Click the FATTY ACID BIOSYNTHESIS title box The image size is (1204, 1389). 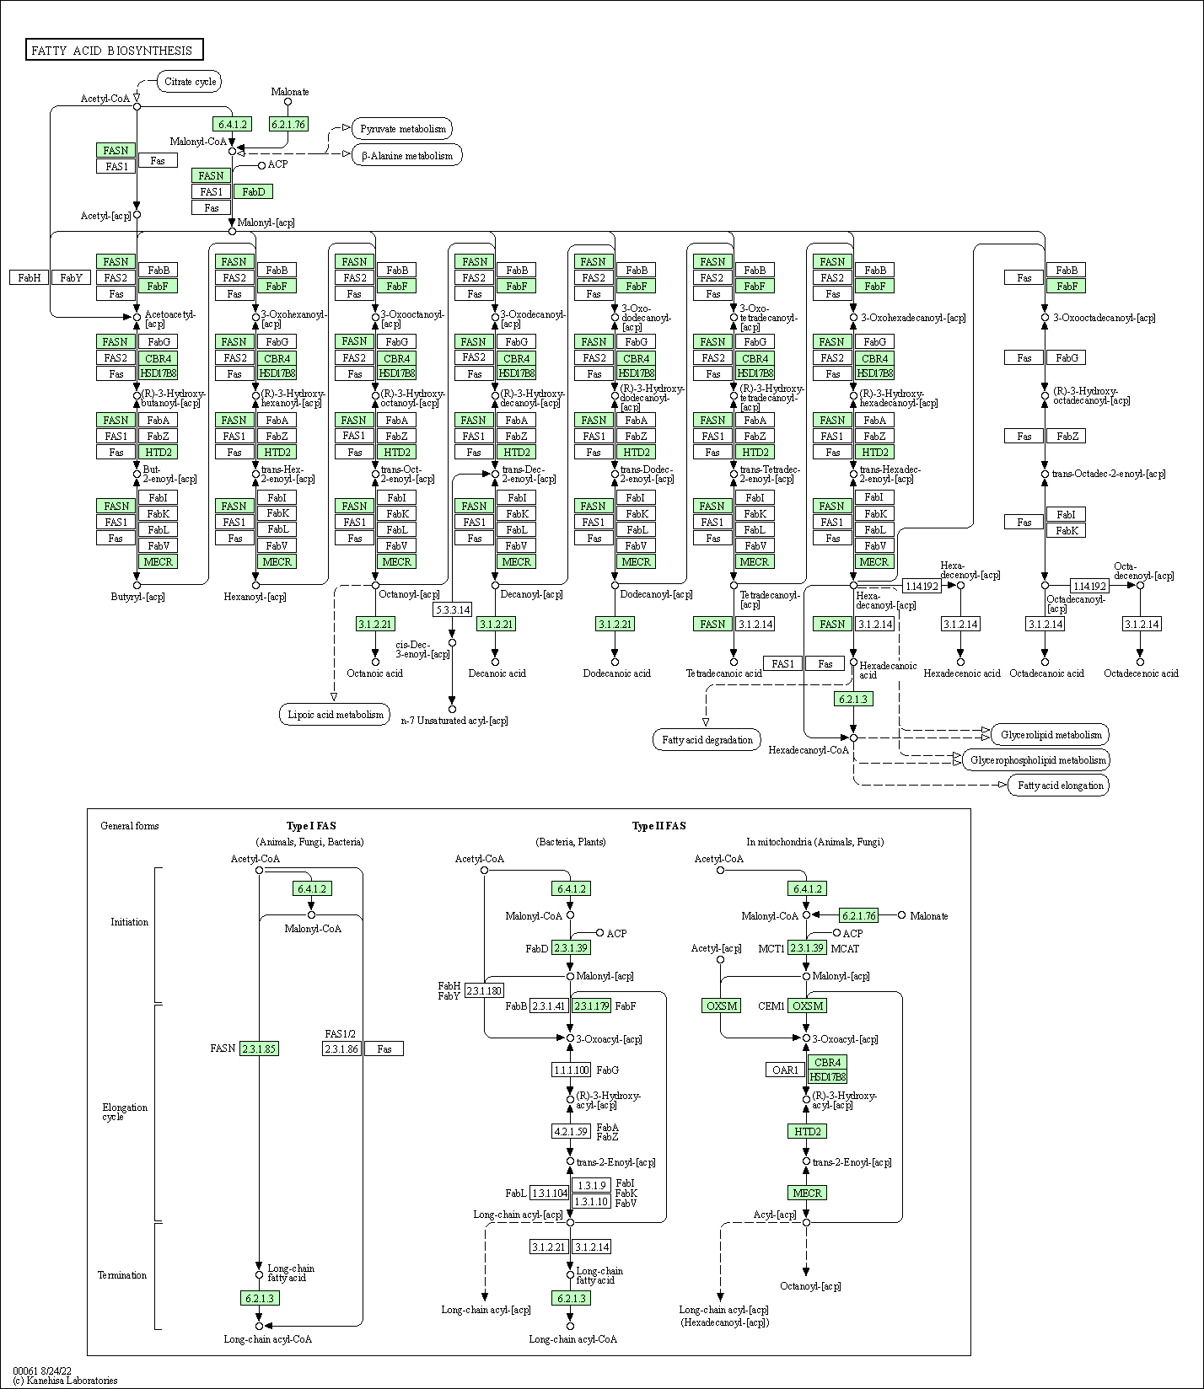click(x=114, y=51)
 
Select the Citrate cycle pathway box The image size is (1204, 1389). click(x=191, y=82)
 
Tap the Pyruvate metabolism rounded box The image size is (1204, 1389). click(x=402, y=129)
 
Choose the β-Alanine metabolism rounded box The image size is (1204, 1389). click(x=407, y=156)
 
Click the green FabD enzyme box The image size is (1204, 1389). click(x=253, y=191)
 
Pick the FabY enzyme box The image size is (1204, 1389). click(x=71, y=277)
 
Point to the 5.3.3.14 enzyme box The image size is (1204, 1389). click(x=452, y=609)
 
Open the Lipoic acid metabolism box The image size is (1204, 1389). click(x=336, y=715)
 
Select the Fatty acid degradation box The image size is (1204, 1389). click(x=707, y=740)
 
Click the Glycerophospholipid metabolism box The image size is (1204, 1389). click(x=1037, y=760)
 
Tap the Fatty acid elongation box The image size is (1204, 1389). click(x=1060, y=786)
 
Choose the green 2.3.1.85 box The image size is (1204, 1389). click(x=259, y=1048)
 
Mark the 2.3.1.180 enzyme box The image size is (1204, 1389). click(x=484, y=990)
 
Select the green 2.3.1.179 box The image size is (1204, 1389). click(x=591, y=1006)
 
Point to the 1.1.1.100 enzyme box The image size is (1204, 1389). click(x=571, y=1070)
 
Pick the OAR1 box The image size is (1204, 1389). click(x=785, y=1070)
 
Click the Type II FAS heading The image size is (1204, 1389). click(x=658, y=826)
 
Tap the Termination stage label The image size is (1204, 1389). click(x=122, y=1275)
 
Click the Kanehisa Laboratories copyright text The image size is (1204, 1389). click(x=66, y=1381)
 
